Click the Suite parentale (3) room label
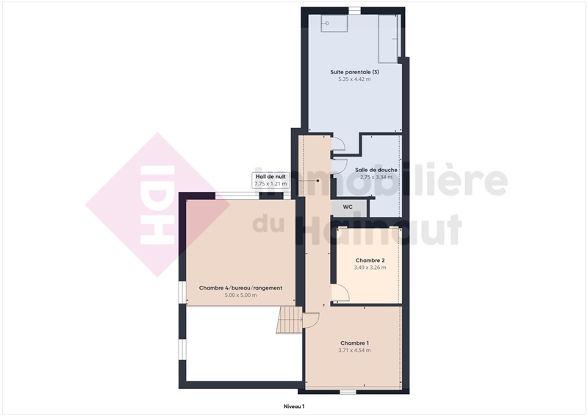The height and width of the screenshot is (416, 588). click(354, 72)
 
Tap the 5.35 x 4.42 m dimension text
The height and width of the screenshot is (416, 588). click(354, 79)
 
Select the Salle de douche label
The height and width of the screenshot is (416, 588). click(376, 170)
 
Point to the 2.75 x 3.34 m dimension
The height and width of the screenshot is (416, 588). click(376, 177)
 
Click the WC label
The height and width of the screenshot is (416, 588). click(348, 207)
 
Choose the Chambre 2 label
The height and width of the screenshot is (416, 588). click(370, 260)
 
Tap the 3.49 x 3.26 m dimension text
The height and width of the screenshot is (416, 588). click(370, 268)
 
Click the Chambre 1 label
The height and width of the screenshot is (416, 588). click(354, 343)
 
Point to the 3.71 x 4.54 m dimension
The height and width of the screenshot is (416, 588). click(354, 351)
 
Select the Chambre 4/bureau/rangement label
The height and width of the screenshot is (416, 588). click(240, 288)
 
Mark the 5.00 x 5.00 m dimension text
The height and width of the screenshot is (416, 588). click(240, 295)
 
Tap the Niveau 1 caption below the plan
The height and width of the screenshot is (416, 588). click(293, 406)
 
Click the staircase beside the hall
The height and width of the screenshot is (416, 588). click(289, 320)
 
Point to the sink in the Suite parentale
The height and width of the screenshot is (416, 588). click(334, 24)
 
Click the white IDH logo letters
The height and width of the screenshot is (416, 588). click(157, 204)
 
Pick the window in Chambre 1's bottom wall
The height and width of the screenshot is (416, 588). click(348, 392)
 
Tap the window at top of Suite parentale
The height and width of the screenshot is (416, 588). click(354, 10)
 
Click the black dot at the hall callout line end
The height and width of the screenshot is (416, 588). click(318, 180)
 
